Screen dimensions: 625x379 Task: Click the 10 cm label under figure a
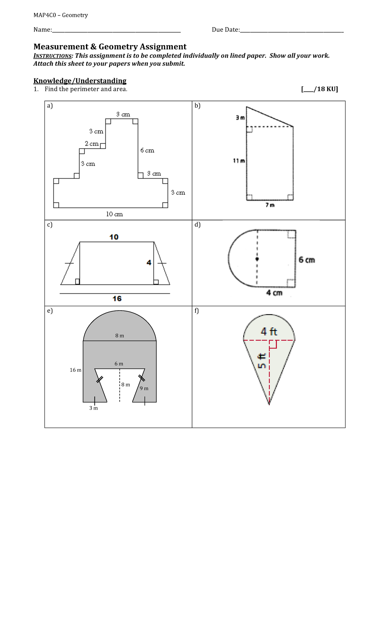[114, 214]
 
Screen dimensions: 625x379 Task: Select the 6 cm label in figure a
[147, 151]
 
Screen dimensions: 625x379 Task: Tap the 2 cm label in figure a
[92, 144]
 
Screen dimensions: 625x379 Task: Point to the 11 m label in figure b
[239, 161]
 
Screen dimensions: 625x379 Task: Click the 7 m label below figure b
[270, 205]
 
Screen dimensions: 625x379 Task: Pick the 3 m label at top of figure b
[240, 118]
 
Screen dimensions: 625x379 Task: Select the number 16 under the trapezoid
[117, 299]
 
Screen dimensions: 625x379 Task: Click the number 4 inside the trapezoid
[149, 263]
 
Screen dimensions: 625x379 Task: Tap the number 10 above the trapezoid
[114, 237]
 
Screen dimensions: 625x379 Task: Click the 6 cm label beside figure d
[307, 260]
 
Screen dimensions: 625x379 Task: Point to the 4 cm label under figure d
[274, 293]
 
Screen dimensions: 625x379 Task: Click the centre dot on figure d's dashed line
[257, 259]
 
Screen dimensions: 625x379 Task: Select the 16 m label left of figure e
[75, 370]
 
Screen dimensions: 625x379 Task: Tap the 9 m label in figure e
[144, 388]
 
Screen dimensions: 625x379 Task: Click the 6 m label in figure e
[119, 364]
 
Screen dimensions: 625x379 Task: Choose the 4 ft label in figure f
[269, 331]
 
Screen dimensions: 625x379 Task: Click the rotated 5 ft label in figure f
[262, 361]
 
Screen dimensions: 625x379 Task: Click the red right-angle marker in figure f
[273, 344]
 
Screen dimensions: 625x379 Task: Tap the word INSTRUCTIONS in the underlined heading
[53, 56]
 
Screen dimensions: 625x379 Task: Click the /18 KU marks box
[319, 89]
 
